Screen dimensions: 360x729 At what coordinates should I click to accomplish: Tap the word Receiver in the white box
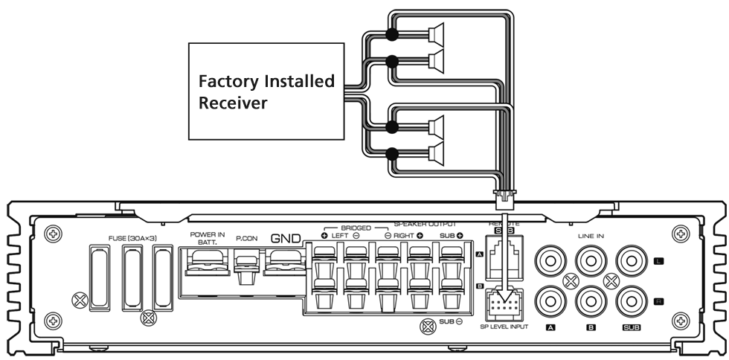(232, 103)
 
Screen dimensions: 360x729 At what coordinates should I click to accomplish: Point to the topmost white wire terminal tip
(431, 36)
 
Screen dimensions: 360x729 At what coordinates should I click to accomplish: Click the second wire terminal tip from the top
(431, 61)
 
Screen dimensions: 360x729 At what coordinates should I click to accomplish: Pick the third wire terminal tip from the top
(431, 128)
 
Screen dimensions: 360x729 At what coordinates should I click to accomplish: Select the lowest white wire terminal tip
(431, 154)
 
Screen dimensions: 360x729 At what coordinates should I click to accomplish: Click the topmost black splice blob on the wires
(394, 36)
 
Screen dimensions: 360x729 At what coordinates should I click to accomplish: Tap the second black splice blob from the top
(394, 61)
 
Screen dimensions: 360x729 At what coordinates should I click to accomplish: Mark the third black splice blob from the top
(394, 128)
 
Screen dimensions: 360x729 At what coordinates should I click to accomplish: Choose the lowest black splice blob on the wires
(394, 154)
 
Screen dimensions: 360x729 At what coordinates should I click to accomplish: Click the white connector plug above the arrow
(505, 200)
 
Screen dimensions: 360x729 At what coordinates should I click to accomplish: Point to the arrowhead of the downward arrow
(505, 295)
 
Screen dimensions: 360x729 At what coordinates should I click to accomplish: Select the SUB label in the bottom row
(632, 328)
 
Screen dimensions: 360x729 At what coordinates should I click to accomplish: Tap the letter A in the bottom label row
(550, 328)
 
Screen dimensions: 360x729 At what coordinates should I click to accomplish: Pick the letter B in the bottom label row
(591, 328)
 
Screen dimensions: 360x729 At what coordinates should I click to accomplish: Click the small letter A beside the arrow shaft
(480, 254)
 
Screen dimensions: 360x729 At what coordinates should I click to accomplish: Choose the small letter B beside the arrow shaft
(480, 286)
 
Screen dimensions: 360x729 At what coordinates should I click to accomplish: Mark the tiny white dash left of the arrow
(401, 223)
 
